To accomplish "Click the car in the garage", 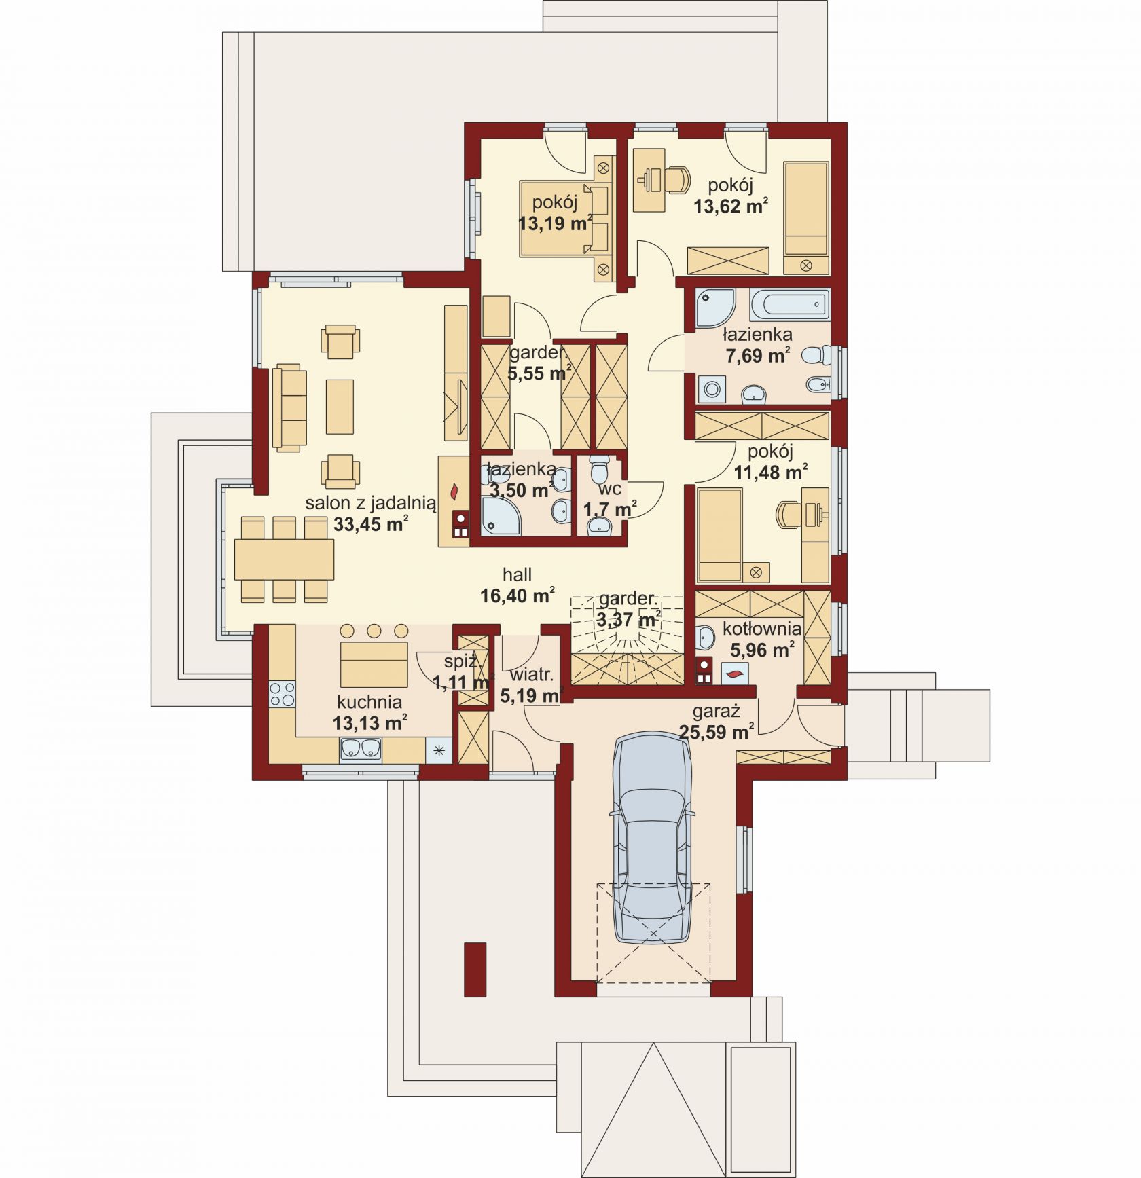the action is coord(652,839).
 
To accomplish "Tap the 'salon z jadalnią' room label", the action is coord(370,503).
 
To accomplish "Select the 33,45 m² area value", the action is coord(371,523).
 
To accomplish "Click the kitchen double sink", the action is coord(360,749).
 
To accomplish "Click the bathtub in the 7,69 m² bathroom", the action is coord(789,304).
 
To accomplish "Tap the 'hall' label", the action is coord(517,575).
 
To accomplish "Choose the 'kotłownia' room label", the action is coord(762,629).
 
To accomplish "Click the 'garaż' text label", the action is coord(716,712).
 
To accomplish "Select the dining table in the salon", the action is coord(284,559).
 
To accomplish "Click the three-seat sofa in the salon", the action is coord(289,407).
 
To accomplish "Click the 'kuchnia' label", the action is coord(369,702).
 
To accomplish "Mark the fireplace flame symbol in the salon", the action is coord(455,489).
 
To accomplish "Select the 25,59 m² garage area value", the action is coord(716,732).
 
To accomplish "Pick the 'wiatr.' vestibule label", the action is coord(532,675).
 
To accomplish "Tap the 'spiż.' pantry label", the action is coord(461,661).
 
